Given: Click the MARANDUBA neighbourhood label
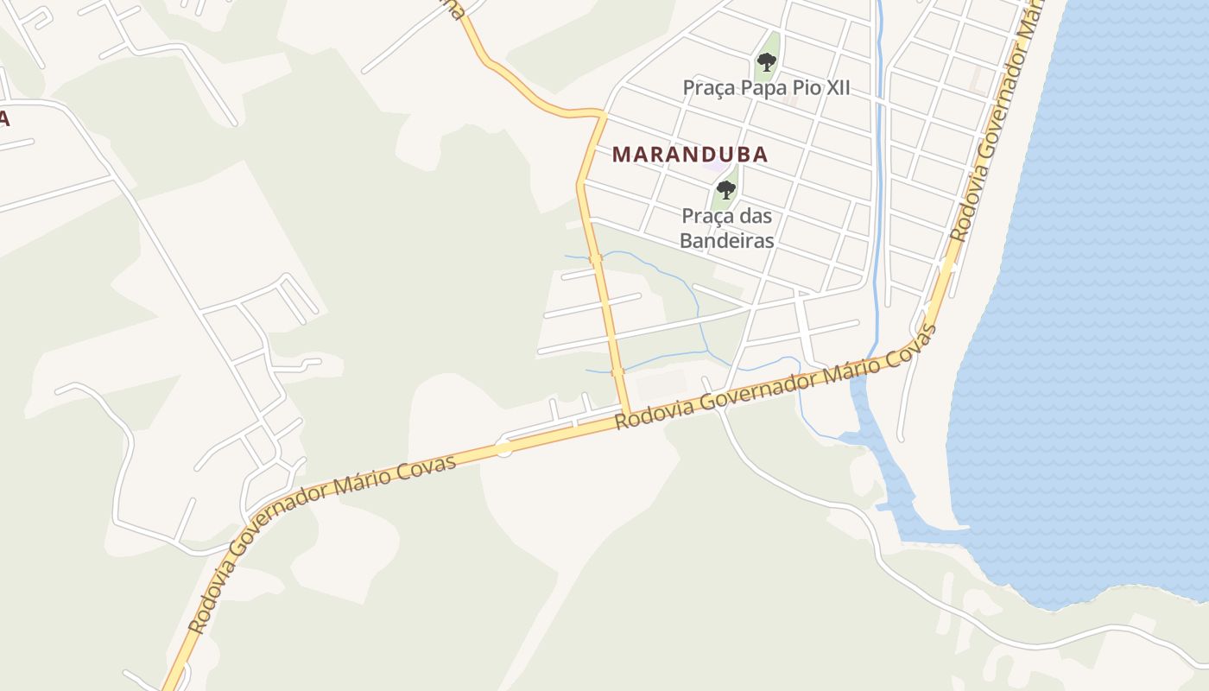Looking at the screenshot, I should coord(690,155).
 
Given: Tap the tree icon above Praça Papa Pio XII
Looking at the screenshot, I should coord(766,61).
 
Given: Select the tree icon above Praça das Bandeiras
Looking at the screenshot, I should coord(726,189).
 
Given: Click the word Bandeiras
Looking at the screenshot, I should coord(726,240).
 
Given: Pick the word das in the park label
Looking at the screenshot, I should coord(753,216).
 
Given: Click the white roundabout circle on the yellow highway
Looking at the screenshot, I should coord(504,447).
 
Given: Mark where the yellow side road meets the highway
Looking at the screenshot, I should coord(628,413).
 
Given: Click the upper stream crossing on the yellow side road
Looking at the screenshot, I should coord(595,258).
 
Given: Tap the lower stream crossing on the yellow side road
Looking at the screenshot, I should coord(617,372).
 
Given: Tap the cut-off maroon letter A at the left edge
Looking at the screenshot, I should coord(4,119).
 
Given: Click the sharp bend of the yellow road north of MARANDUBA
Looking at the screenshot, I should coord(601,113).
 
